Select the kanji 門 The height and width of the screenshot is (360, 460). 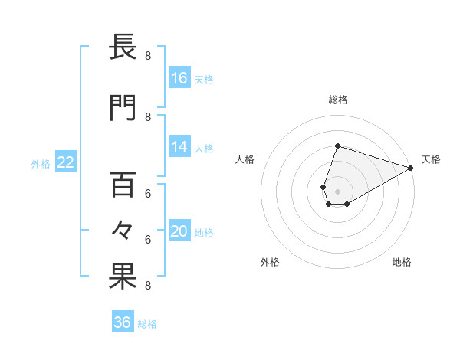click(123, 107)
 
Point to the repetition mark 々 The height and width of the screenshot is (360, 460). click(123, 230)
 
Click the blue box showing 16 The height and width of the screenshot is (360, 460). click(179, 78)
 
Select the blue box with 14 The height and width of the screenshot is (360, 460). click(179, 147)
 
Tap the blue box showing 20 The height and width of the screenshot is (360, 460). click(179, 232)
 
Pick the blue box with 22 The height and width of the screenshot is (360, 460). click(66, 162)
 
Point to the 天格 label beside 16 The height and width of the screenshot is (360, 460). click(204, 79)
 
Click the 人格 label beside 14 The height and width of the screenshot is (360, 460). click(204, 148)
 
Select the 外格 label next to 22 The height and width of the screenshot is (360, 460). click(41, 162)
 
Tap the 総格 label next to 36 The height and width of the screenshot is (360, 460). click(147, 324)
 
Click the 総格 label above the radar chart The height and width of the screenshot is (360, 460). click(337, 100)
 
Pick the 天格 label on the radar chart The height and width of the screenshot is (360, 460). click(431, 159)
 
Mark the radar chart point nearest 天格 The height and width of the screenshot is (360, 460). click(411, 168)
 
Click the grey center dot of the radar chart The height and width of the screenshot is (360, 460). click(337, 191)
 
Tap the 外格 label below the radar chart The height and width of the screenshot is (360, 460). click(270, 262)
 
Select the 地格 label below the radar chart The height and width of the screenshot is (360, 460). click(402, 262)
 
